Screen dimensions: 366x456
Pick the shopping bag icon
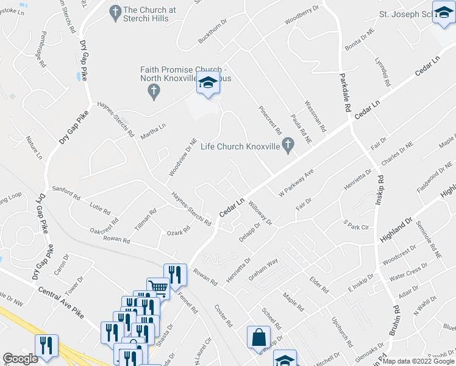(x=258, y=337)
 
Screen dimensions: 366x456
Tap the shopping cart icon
(x=158, y=287)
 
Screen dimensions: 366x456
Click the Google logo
(x=20, y=359)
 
